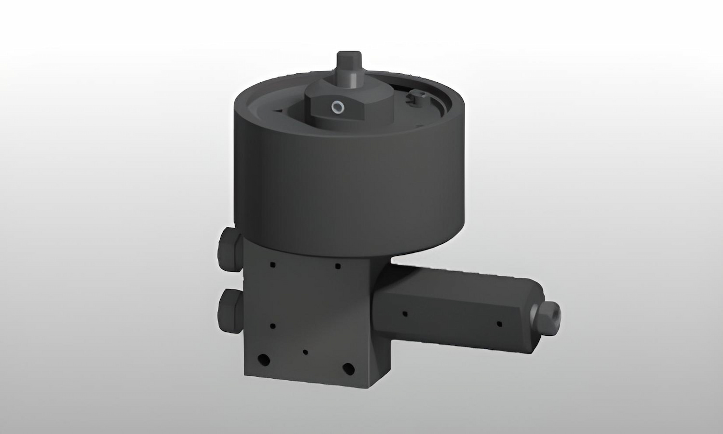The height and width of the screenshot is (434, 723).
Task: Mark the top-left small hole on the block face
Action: pyautogui.click(x=273, y=264)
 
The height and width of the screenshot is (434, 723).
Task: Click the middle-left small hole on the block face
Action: pyautogui.click(x=273, y=326)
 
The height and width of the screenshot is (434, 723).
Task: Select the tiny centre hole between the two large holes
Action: pyautogui.click(x=305, y=352)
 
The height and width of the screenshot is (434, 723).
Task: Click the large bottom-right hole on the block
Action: pyautogui.click(x=348, y=369)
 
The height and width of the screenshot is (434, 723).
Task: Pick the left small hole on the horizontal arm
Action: pyautogui.click(x=405, y=314)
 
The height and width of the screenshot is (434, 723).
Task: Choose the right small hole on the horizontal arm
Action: pyautogui.click(x=499, y=323)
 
